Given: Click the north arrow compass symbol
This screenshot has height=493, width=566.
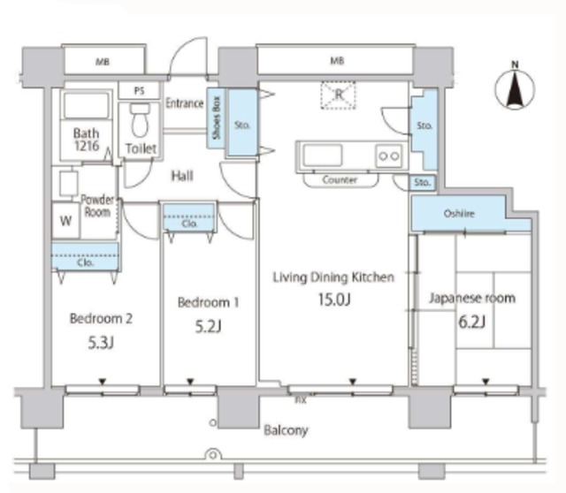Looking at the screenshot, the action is pyautogui.click(x=515, y=88).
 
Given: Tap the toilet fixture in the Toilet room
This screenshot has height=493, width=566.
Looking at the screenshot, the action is pyautogui.click(x=140, y=120).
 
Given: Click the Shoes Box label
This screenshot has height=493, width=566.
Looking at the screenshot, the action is pyautogui.click(x=216, y=118).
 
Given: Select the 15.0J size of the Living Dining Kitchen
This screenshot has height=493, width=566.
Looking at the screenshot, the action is pyautogui.click(x=334, y=300).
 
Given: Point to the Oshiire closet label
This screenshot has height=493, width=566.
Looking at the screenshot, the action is pyautogui.click(x=459, y=214).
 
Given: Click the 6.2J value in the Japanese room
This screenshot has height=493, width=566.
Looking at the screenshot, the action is pyautogui.click(x=471, y=322).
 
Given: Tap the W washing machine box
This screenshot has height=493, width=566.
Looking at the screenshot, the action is pyautogui.click(x=65, y=220).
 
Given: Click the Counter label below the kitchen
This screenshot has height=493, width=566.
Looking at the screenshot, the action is pyautogui.click(x=340, y=179).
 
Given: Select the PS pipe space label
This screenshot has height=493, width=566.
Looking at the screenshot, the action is pyautogui.click(x=140, y=91).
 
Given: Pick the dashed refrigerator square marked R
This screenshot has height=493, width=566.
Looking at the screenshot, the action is pyautogui.click(x=338, y=95).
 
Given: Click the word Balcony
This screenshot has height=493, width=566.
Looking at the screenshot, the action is pyautogui.click(x=286, y=430).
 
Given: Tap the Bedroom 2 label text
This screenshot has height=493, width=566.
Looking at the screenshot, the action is pyautogui.click(x=101, y=318).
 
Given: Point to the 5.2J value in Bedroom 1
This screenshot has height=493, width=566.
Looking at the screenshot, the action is pyautogui.click(x=209, y=327).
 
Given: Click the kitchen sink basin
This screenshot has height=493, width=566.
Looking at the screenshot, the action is pyautogui.click(x=322, y=155).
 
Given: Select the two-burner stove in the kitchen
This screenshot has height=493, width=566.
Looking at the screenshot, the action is pyautogui.click(x=389, y=155).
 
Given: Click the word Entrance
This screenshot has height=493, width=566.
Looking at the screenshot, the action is pyautogui.click(x=185, y=103).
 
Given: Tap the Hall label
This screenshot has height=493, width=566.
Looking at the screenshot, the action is pyautogui.click(x=182, y=176).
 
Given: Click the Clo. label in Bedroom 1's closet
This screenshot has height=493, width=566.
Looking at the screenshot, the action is pyautogui.click(x=189, y=224).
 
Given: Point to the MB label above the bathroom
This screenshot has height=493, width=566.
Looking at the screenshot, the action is pyautogui.click(x=103, y=62).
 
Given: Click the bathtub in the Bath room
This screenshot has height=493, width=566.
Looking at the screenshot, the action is pyautogui.click(x=87, y=104).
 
